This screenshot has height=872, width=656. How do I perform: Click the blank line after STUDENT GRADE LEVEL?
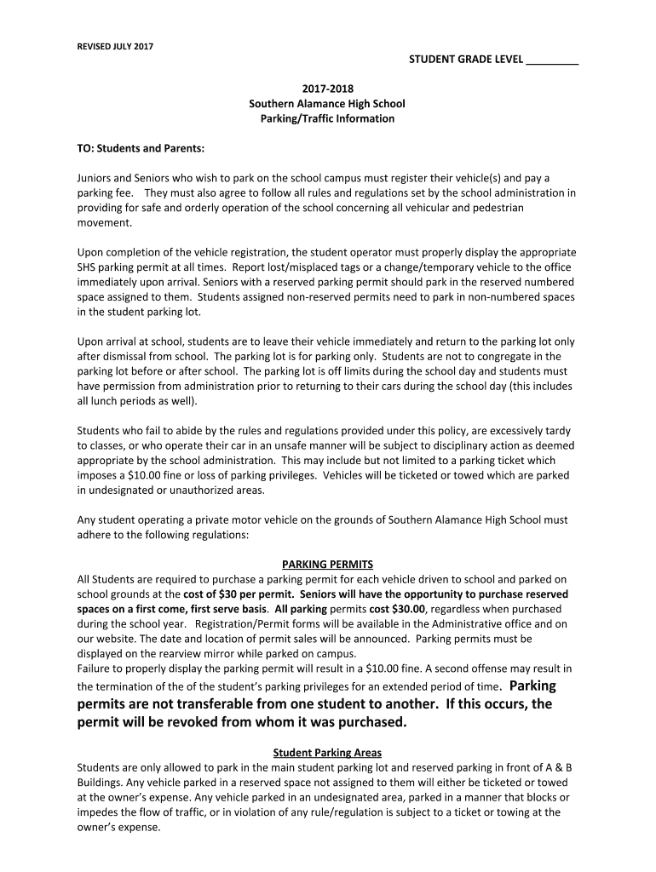[x=553, y=61]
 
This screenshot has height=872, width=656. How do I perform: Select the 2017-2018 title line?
[x=326, y=89]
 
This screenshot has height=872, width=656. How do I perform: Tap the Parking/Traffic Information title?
[x=326, y=118]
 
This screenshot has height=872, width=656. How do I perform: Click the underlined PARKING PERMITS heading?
[x=327, y=564]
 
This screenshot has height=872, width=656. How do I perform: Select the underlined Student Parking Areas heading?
[x=327, y=752]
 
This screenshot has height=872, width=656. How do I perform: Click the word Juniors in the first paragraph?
[x=95, y=178]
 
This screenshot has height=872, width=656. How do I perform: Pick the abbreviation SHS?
[x=87, y=267]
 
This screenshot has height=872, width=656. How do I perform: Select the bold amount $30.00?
[x=407, y=609]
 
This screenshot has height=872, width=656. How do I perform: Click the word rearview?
[x=195, y=653]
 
